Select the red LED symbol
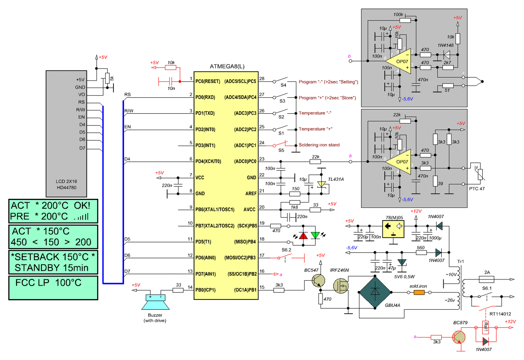303,236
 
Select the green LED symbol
315,236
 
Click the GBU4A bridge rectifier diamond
375,292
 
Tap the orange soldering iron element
420,292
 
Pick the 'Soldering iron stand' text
319,145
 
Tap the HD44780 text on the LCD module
66,188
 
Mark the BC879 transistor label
460,324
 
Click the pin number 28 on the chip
262,79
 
